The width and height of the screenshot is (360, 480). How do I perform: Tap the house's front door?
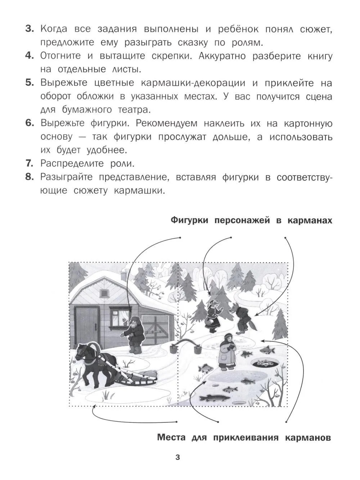click(x=86, y=320)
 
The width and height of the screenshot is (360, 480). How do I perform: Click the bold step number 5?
click(x=30, y=83)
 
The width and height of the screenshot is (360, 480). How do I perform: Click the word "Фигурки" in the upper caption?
click(x=190, y=221)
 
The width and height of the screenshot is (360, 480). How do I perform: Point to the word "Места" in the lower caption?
click(x=171, y=438)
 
